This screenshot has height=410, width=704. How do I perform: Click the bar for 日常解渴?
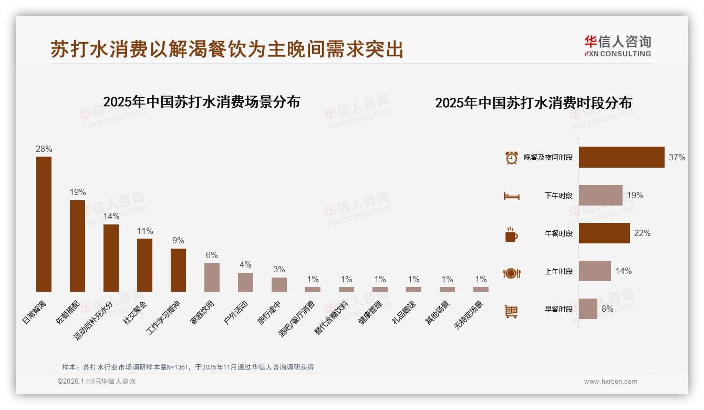[44, 224]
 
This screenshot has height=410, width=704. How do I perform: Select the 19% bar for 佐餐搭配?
[77, 245]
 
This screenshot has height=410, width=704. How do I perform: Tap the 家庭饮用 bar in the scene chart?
[212, 277]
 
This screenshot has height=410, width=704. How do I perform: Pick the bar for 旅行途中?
[279, 284]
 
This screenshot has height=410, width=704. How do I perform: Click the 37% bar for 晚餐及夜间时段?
[622, 157]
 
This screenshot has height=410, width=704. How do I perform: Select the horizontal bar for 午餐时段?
[604, 233]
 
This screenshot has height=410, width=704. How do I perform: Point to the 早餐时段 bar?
[588, 309]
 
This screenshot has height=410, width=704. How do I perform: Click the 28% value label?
[44, 149]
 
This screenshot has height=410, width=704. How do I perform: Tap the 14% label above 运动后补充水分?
[111, 217]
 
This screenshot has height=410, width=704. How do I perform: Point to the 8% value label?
[607, 309]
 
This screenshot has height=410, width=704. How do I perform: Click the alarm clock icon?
[511, 158]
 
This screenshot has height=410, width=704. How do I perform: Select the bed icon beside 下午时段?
[511, 196]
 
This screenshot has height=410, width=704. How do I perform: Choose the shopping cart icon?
[511, 311]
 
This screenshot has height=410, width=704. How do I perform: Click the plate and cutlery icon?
[511, 273]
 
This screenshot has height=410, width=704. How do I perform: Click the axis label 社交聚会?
[135, 312]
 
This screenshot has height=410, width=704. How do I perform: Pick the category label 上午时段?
[558, 272]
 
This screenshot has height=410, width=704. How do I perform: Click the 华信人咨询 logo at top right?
[617, 45]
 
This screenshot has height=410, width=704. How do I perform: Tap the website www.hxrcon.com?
[610, 382]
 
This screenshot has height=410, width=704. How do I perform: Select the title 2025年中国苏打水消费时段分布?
[533, 102]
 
